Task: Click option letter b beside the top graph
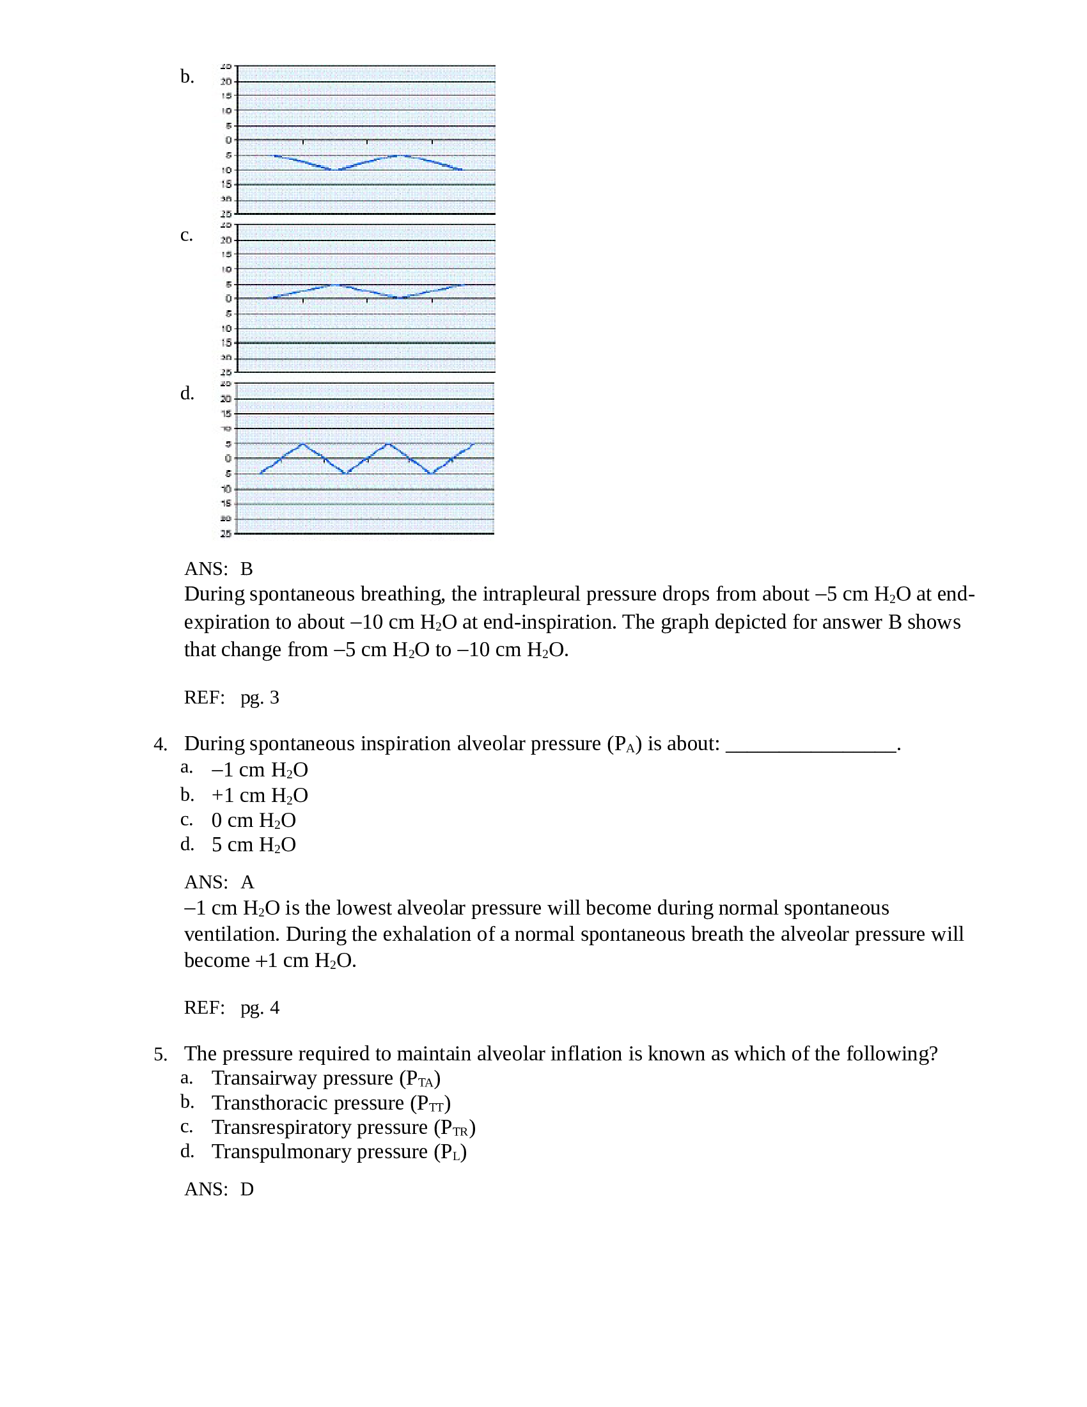click(x=187, y=77)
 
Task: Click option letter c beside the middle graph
click(x=186, y=236)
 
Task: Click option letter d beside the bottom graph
click(x=187, y=393)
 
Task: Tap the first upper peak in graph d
click(x=302, y=444)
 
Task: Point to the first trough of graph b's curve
click(x=335, y=169)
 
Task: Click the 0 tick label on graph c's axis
click(x=228, y=299)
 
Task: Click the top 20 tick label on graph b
click(x=226, y=82)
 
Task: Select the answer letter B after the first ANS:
click(x=246, y=569)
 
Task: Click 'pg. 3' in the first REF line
click(x=260, y=698)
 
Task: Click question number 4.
click(x=160, y=744)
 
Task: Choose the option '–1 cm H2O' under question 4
click(x=260, y=770)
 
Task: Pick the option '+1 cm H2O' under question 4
click(x=260, y=796)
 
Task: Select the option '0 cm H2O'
click(x=254, y=820)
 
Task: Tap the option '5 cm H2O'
click(x=254, y=845)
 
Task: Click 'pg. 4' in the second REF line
click(x=260, y=1007)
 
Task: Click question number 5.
click(x=160, y=1055)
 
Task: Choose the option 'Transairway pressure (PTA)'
click(x=326, y=1078)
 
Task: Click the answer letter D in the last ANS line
click(x=247, y=1190)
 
